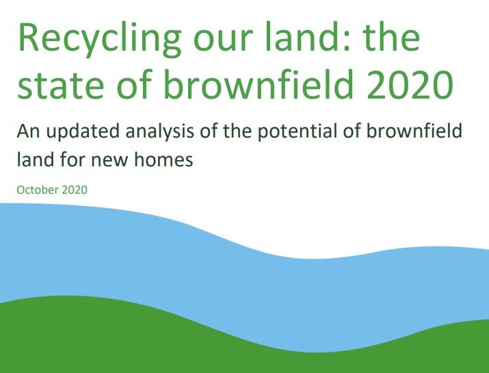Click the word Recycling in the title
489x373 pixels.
[100, 40]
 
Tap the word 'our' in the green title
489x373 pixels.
[223, 41]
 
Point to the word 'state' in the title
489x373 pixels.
[60, 86]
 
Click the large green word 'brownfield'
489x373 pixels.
[259, 83]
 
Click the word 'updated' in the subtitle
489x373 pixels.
[83, 132]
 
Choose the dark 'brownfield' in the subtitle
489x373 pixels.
[414, 131]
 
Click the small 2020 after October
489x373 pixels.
[75, 190]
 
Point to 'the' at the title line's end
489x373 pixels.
[391, 39]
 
